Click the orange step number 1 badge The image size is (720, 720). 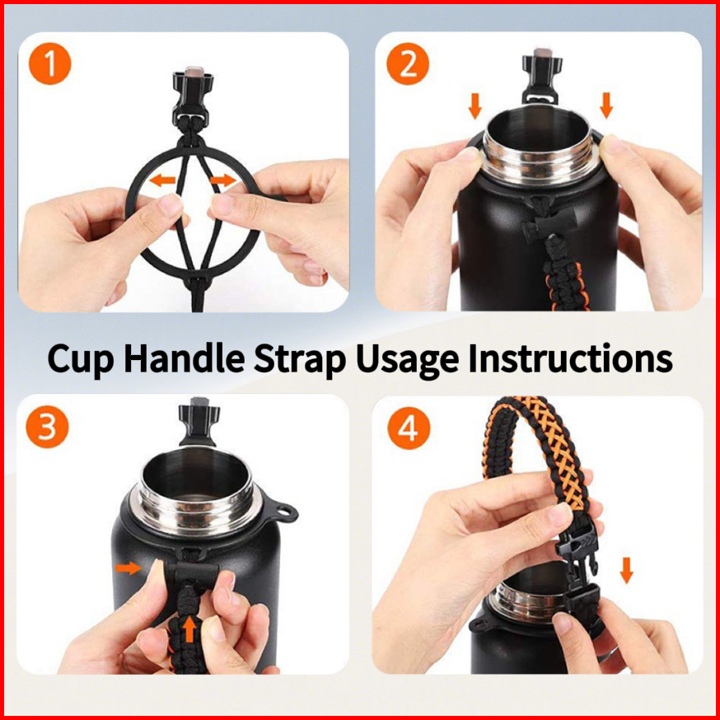[x=50, y=63]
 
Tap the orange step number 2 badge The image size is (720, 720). [x=408, y=63]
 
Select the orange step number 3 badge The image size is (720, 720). [x=47, y=427]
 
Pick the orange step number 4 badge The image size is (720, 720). [x=409, y=428]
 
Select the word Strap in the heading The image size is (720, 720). [x=300, y=359]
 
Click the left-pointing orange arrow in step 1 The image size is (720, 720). [x=162, y=180]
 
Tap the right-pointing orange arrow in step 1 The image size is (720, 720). [x=222, y=180]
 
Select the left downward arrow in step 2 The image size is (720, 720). [x=475, y=106]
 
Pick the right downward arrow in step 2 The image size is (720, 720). [x=606, y=105]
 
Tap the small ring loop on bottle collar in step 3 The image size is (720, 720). [x=284, y=511]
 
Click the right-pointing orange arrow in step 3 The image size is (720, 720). [x=129, y=568]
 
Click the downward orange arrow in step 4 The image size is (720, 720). [x=626, y=570]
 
